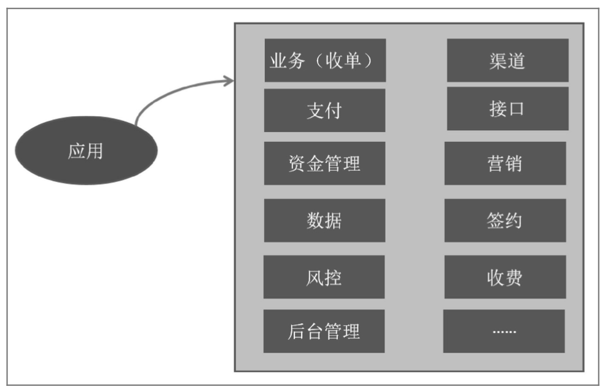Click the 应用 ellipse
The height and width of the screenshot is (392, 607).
tap(87, 151)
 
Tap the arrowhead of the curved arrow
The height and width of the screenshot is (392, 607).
tap(229, 81)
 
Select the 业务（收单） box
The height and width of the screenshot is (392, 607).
tap(325, 60)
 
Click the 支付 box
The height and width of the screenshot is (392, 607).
tap(324, 110)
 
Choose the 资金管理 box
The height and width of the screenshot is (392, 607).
tap(324, 163)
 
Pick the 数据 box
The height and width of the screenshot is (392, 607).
tap(324, 221)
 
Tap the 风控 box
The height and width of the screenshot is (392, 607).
tap(324, 277)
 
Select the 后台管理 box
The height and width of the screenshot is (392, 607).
tap(324, 331)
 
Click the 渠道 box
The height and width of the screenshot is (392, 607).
tap(508, 60)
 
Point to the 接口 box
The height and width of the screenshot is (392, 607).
tap(508, 109)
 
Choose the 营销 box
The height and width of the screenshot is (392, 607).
tap(505, 163)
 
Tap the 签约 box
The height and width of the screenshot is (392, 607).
tap(505, 221)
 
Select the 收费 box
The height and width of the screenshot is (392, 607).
tap(505, 277)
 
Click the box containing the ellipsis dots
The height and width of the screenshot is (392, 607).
tap(504, 331)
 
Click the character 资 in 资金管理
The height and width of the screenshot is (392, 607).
tap(297, 163)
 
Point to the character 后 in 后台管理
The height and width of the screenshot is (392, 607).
tap(297, 331)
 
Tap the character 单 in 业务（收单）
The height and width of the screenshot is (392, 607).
tap(352, 60)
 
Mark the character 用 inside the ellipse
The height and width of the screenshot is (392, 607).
tap(95, 151)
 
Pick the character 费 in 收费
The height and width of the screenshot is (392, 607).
tap(514, 278)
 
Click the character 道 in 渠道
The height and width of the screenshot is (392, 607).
tap(517, 61)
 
